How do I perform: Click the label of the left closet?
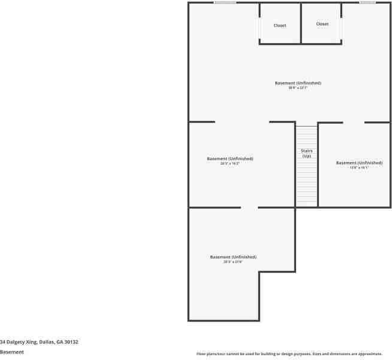(x=280, y=26)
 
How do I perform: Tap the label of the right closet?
(x=322, y=24)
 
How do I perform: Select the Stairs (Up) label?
(x=306, y=153)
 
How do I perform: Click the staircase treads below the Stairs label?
(x=306, y=183)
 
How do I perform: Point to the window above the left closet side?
(x=225, y=2)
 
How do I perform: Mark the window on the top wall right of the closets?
(x=367, y=2)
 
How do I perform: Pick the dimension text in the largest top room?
(x=298, y=88)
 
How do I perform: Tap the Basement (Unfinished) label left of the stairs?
(x=230, y=158)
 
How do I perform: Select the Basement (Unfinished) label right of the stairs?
(x=359, y=163)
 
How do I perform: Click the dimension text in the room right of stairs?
(x=359, y=168)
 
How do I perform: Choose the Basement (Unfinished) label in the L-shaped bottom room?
(x=233, y=257)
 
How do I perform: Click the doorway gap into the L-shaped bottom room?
(x=249, y=208)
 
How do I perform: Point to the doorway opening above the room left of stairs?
(x=242, y=122)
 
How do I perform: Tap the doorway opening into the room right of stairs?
(x=354, y=122)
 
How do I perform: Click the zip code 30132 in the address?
(x=72, y=342)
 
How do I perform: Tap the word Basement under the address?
(x=12, y=352)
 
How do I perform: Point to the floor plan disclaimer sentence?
(x=289, y=354)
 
